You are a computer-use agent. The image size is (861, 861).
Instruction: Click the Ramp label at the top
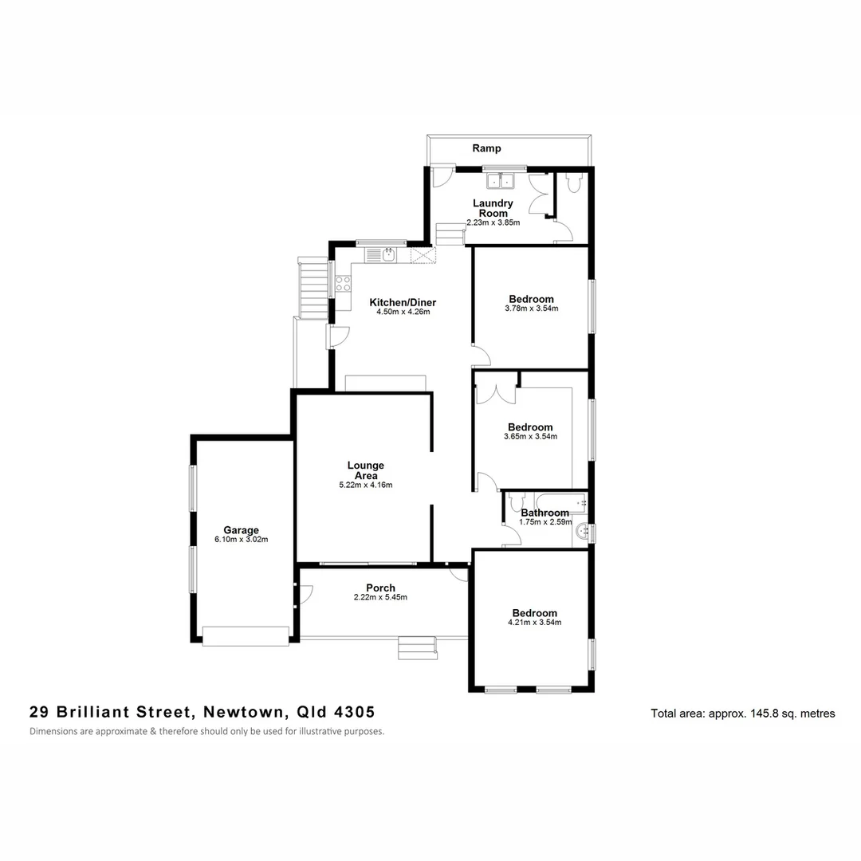486,148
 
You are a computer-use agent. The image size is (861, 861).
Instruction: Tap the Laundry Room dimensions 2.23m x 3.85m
493,222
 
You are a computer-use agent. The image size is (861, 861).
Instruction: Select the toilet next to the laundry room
572,183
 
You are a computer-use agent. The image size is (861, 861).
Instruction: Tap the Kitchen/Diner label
403,302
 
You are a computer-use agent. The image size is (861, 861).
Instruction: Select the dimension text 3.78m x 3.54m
532,309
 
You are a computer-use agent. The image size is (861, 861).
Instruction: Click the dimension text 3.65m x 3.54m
530,436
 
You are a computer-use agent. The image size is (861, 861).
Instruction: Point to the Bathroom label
545,513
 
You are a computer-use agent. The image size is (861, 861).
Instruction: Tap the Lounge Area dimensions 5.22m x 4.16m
366,485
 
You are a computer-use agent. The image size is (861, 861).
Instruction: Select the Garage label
241,530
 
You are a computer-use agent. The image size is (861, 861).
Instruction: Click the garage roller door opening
245,635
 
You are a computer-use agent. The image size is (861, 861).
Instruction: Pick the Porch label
381,588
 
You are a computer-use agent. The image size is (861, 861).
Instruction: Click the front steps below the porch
418,647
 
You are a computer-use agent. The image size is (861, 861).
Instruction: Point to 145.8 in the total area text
764,714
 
